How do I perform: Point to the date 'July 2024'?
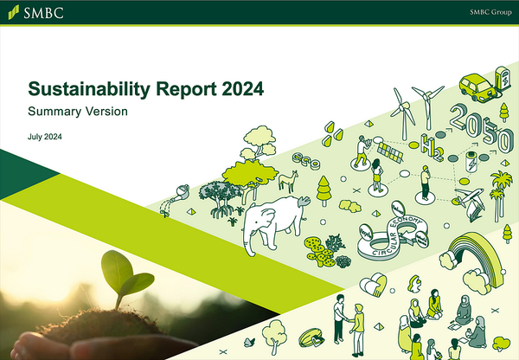[44, 138]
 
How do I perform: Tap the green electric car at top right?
[476, 85]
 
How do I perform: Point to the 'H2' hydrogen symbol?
[427, 142]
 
